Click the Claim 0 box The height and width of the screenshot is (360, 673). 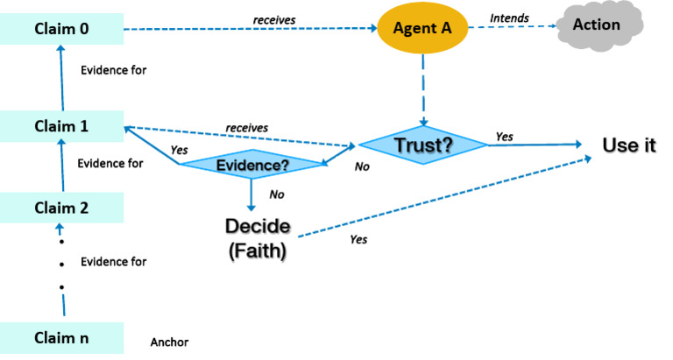[x=61, y=30]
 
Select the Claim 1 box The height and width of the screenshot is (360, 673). [x=61, y=125]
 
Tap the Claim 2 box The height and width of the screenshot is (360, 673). [x=61, y=208]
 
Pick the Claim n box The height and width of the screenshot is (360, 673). [x=61, y=337]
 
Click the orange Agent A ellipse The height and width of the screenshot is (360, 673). [x=422, y=30]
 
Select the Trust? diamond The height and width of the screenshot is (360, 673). [x=422, y=145]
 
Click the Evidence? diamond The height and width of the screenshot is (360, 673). [x=251, y=164]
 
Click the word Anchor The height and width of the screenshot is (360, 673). [x=170, y=342]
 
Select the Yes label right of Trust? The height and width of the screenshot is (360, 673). [x=505, y=137]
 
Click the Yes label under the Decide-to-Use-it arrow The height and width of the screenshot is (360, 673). [x=358, y=238]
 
